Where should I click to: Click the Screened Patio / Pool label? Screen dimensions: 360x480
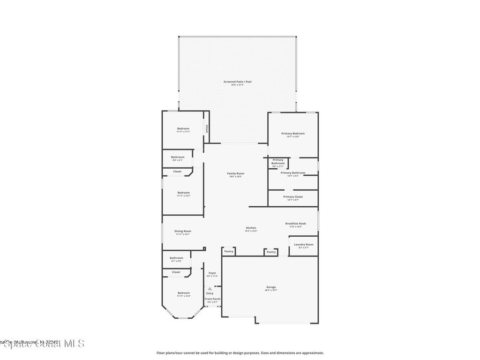(x=237, y=82)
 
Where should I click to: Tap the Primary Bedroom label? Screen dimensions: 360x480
(x=293, y=134)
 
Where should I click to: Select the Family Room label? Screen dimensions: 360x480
(x=235, y=174)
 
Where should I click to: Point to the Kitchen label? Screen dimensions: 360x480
(x=251, y=228)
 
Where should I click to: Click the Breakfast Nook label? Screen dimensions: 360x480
(x=295, y=224)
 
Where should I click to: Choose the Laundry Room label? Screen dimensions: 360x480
(x=303, y=245)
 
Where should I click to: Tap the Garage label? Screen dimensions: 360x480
(x=271, y=287)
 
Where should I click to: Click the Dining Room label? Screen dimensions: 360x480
(x=183, y=231)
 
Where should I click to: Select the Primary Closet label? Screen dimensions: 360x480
(x=292, y=197)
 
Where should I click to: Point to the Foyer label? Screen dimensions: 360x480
(x=212, y=273)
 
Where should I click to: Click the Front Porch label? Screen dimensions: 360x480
(x=212, y=299)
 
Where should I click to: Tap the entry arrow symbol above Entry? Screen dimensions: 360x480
(x=210, y=289)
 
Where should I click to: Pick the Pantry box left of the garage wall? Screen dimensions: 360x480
(x=229, y=252)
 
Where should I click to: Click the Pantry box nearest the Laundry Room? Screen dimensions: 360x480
(x=271, y=252)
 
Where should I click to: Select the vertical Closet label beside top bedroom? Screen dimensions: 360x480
(x=206, y=128)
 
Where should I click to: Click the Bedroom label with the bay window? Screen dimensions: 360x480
(x=183, y=293)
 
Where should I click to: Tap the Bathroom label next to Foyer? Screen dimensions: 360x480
(x=176, y=257)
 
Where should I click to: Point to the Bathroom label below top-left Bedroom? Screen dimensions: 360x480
(x=177, y=157)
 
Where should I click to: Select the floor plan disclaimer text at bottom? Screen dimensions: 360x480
(x=240, y=353)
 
